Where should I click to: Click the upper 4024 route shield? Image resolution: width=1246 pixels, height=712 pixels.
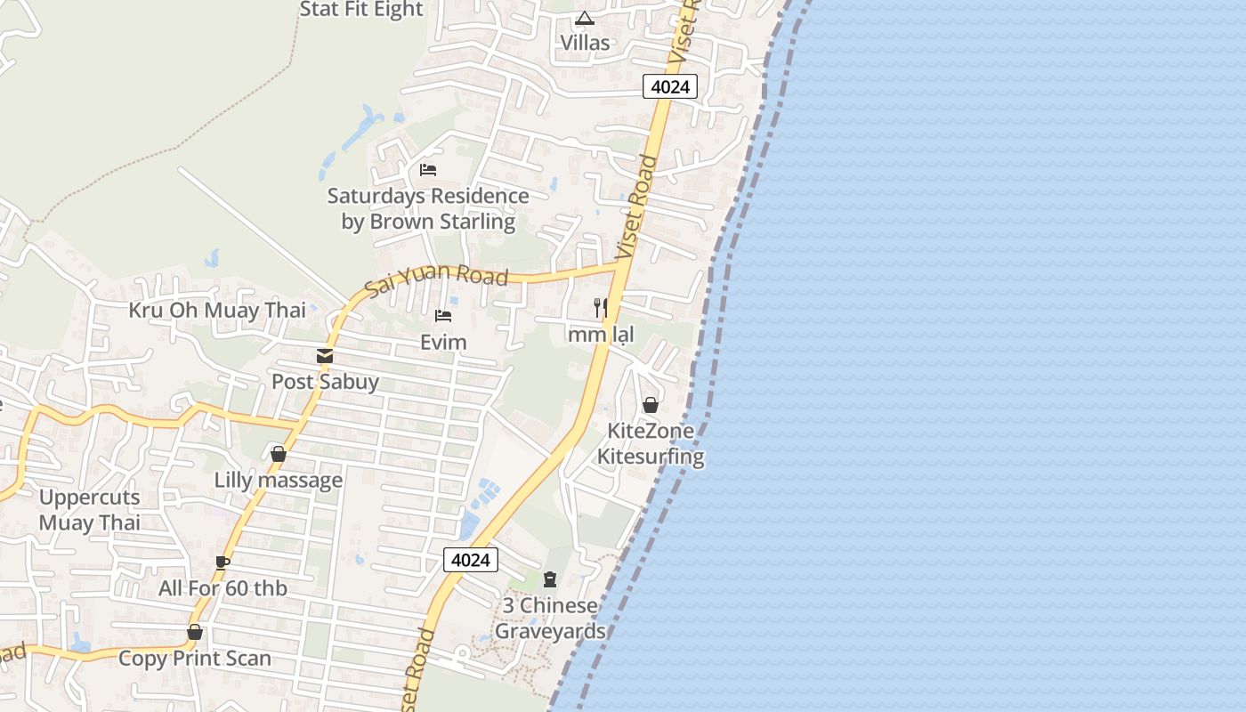click(x=669, y=86)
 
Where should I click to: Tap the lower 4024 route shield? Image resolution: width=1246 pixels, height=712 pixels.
click(x=470, y=560)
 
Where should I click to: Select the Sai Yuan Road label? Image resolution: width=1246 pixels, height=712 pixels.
click(x=437, y=280)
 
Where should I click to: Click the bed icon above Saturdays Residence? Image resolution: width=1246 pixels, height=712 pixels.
click(x=428, y=170)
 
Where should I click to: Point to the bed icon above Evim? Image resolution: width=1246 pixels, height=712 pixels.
click(x=443, y=316)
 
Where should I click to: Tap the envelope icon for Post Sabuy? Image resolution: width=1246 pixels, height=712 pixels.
click(x=325, y=356)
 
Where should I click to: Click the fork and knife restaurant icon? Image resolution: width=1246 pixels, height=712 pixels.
click(x=601, y=308)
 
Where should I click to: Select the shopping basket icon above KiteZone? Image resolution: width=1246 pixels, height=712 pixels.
click(x=651, y=405)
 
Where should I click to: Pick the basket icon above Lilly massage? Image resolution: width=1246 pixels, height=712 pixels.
click(x=279, y=455)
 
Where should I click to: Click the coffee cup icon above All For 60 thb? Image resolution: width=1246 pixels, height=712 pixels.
click(x=222, y=562)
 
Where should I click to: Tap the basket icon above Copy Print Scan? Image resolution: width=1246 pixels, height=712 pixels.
click(x=195, y=633)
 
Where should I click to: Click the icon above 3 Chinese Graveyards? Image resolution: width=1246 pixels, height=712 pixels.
click(x=550, y=580)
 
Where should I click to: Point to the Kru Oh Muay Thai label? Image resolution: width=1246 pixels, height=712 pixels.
click(x=217, y=311)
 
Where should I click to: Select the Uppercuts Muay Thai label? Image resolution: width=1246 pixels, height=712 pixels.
click(x=90, y=510)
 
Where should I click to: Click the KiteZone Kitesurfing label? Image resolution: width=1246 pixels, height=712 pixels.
click(x=651, y=444)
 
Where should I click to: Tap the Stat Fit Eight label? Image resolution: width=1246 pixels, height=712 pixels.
click(x=361, y=10)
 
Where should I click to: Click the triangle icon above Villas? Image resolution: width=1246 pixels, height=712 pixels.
click(x=585, y=18)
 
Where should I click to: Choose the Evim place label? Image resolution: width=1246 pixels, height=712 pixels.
click(x=443, y=342)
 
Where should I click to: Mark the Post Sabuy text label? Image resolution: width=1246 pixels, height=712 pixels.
click(x=325, y=382)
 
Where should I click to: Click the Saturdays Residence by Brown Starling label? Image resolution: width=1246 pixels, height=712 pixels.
click(x=428, y=209)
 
